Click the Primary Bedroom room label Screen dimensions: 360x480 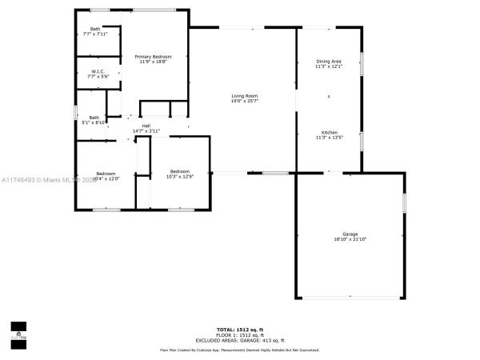coord(152,57)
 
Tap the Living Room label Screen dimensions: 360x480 coord(244,96)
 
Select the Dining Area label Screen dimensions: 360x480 coord(329,62)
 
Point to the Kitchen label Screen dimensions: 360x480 coord(329,132)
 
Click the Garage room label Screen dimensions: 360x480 coord(350,234)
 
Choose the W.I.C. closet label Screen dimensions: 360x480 coord(98,71)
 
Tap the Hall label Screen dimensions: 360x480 coord(146,126)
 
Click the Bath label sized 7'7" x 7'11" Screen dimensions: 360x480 coord(95,29)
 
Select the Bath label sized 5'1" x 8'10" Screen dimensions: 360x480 coord(94,118)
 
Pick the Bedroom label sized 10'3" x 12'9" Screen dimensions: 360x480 coord(180,171)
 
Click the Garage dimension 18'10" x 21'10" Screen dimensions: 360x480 coord(350,239)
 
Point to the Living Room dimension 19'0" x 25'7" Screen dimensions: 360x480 coord(244,102)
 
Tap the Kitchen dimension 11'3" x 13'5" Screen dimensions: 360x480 coord(329,138)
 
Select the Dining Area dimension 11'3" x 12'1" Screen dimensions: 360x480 coord(329,67)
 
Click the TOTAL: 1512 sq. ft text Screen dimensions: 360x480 coord(239,330)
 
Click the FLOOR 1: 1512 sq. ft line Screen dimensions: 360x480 coord(239,335)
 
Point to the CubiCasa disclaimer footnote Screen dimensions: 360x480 coord(239,350)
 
